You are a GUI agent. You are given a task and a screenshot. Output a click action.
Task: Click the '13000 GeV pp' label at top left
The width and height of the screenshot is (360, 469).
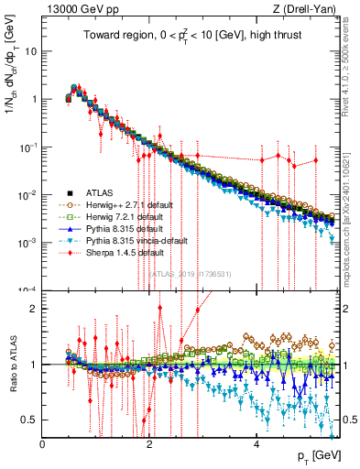81,10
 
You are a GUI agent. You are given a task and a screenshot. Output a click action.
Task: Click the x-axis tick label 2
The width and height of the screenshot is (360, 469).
150,444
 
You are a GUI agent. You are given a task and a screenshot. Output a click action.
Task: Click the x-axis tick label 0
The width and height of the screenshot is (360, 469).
43,444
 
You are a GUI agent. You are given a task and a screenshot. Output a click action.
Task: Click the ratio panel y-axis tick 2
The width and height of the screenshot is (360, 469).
35,308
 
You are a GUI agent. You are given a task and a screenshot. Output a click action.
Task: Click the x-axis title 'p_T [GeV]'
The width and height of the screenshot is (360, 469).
317,456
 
